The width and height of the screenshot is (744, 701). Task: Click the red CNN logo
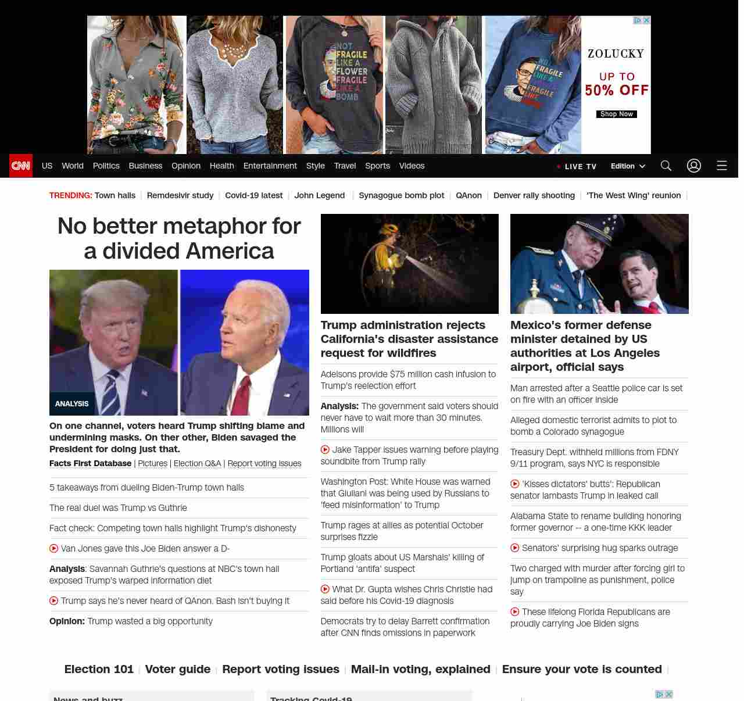coord(21,166)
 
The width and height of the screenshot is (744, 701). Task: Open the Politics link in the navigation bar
coord(106,166)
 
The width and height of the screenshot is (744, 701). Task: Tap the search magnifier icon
coord(666,166)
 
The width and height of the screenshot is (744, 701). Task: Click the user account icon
coord(694,166)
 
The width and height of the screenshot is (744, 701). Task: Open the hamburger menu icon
coord(722,166)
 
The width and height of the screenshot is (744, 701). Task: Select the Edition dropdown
coord(628,166)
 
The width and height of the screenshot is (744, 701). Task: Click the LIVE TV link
coord(577,166)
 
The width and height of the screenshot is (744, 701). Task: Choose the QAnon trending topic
coord(468,195)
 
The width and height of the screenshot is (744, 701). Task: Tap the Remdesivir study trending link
coord(180,195)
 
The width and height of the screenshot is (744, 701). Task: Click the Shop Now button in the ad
coord(616,114)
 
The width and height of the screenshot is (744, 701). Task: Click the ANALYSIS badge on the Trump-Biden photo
coord(72,403)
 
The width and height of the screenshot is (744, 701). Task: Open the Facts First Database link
coord(90,463)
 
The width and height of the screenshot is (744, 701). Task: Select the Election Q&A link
coord(197,463)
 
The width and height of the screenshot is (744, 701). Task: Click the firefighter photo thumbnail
coord(410,264)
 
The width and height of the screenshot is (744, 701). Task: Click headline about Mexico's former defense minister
coord(585,346)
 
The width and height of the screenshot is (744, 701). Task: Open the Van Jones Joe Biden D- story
coord(145,548)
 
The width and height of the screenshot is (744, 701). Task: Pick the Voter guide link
coord(178,669)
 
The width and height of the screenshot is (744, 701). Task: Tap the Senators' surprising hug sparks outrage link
coord(600,548)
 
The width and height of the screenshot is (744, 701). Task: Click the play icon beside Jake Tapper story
coord(325,449)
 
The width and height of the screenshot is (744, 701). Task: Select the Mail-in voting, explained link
coord(420,669)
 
